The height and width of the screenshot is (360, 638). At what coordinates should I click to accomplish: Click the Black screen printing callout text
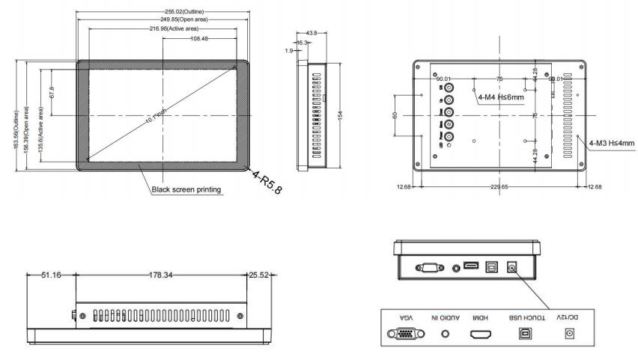coord(186,189)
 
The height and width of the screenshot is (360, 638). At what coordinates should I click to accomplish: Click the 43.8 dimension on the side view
coord(312,33)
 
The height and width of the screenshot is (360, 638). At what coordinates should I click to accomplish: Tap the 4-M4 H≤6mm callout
coord(501,97)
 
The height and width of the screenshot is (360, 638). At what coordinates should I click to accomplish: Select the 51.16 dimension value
coord(51,275)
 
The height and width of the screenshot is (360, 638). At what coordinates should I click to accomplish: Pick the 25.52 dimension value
coord(258,275)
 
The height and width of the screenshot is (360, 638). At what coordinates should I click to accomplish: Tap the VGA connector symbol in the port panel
coord(402,332)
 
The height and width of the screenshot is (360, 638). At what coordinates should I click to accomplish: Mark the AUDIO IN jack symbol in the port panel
coord(446,332)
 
